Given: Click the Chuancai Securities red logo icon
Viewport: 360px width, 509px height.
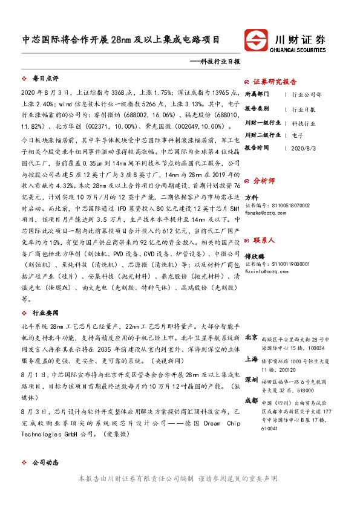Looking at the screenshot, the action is click(258, 40).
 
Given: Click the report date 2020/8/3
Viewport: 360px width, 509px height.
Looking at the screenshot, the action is click(303, 148).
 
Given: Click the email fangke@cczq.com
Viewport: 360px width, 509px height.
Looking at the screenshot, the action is click(265, 212).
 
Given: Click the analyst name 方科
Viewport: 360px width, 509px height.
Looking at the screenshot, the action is click(251, 197).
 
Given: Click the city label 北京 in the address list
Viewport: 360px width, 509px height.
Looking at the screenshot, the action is click(251, 337).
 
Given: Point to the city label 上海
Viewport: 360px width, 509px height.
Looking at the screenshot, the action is click(251, 358).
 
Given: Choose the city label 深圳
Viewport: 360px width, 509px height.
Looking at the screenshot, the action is click(251, 379).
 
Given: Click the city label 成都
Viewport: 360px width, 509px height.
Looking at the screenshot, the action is click(251, 400).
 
